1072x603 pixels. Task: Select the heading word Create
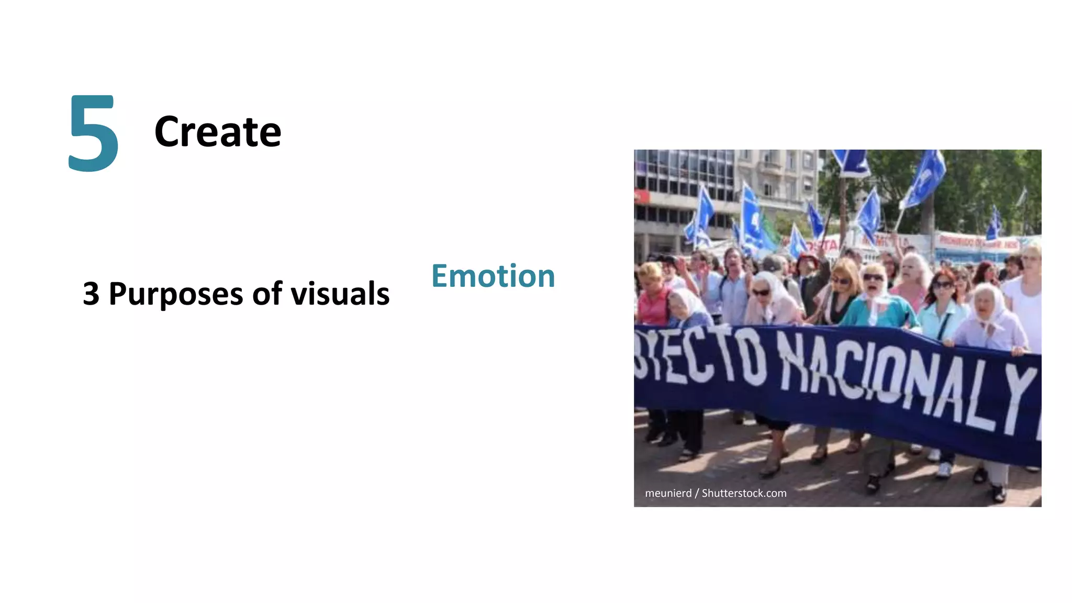(217, 132)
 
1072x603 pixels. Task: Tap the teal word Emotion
(493, 276)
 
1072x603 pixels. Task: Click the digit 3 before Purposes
(91, 294)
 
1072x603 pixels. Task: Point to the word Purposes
(175, 295)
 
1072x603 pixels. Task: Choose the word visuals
(340, 294)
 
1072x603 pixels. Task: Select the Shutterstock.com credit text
(744, 493)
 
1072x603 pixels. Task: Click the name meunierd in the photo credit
(668, 493)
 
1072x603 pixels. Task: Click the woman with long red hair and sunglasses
(942, 298)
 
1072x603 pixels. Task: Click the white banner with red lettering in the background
(976, 242)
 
